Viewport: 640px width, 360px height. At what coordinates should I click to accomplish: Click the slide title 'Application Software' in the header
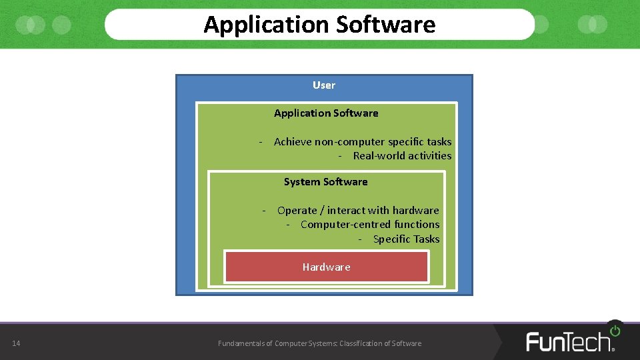(x=319, y=25)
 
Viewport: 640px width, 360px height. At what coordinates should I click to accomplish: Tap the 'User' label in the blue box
(x=324, y=85)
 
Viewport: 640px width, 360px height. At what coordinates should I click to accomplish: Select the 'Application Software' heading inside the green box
(x=326, y=113)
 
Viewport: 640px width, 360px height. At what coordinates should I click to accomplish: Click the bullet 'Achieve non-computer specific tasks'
(x=362, y=142)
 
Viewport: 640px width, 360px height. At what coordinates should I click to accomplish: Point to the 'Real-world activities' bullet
(x=402, y=156)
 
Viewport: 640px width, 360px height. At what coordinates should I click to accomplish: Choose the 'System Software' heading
(x=325, y=182)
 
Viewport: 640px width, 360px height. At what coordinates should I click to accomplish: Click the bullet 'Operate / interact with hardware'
(x=358, y=211)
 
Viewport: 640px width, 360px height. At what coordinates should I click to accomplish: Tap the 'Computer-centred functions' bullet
(x=370, y=225)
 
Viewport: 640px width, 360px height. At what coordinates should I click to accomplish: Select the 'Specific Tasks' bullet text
(x=406, y=239)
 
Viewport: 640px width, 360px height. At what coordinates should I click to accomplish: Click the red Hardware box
(x=326, y=267)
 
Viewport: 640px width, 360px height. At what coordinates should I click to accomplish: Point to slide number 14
(x=16, y=343)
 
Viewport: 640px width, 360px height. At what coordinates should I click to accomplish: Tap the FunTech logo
(x=570, y=341)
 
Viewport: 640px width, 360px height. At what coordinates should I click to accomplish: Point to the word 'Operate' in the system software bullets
(x=297, y=211)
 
